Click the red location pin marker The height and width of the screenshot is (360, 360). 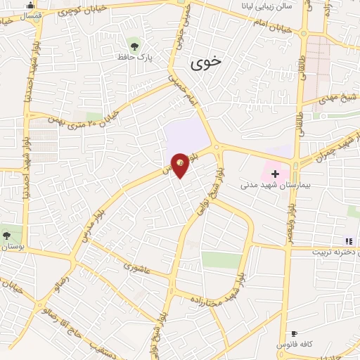pyautogui.click(x=180, y=165)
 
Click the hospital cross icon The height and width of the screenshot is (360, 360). pyautogui.click(x=275, y=173)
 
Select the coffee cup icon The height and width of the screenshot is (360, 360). pyautogui.click(x=294, y=333)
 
